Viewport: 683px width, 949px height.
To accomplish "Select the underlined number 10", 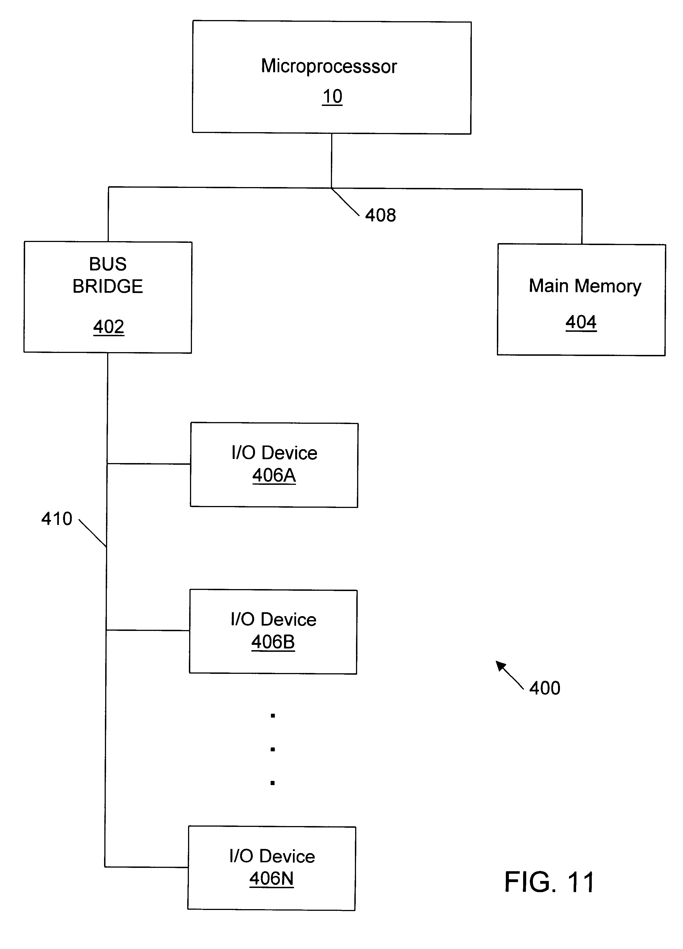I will pyautogui.click(x=332, y=97).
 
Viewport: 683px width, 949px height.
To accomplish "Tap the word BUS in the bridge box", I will pyautogui.click(x=108, y=264).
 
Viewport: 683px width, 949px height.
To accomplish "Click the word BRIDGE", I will pyautogui.click(x=108, y=287).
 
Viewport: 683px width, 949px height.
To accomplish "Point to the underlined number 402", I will pyautogui.click(x=109, y=327).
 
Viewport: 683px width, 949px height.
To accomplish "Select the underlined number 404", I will pyautogui.click(x=581, y=322).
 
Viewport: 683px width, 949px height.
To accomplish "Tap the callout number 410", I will pyautogui.click(x=57, y=519).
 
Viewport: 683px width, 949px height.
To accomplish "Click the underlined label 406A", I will pyautogui.click(x=274, y=475).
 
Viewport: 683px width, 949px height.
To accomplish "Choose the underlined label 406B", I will pyautogui.click(x=273, y=642).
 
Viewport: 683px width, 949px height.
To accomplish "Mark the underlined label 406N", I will pyautogui.click(x=271, y=878).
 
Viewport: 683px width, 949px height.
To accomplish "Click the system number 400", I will pyautogui.click(x=544, y=688).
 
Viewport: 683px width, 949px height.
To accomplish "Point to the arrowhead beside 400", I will pyautogui.click(x=500, y=665).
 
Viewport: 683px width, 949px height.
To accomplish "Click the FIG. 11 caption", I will pyautogui.click(x=549, y=882).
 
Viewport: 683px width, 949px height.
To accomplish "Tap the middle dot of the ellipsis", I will pyautogui.click(x=273, y=749).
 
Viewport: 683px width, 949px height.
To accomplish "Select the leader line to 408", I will pyautogui.click(x=345, y=202).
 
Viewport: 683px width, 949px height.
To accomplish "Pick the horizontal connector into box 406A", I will pyautogui.click(x=149, y=464).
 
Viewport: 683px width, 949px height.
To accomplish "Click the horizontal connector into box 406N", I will pyautogui.click(x=146, y=867).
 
